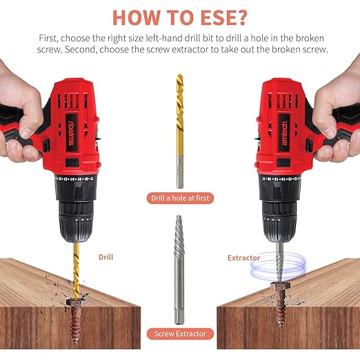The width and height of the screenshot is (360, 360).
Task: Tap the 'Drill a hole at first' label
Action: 180,199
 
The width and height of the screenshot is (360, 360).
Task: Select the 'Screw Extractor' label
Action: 180,334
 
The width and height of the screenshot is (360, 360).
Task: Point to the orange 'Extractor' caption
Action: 244,258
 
